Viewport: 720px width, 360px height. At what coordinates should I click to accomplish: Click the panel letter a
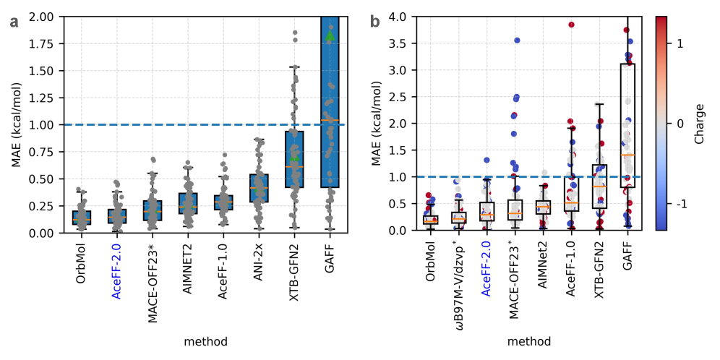click(x=14, y=22)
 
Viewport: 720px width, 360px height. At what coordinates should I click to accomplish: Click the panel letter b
click(x=375, y=22)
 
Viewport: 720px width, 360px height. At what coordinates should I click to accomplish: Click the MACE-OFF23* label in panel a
click(x=153, y=275)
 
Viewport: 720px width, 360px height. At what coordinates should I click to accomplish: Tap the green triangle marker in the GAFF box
click(x=330, y=35)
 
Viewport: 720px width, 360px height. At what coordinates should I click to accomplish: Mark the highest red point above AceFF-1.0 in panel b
click(x=571, y=25)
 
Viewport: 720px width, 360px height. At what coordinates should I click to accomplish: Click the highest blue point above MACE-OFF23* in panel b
click(x=517, y=40)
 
